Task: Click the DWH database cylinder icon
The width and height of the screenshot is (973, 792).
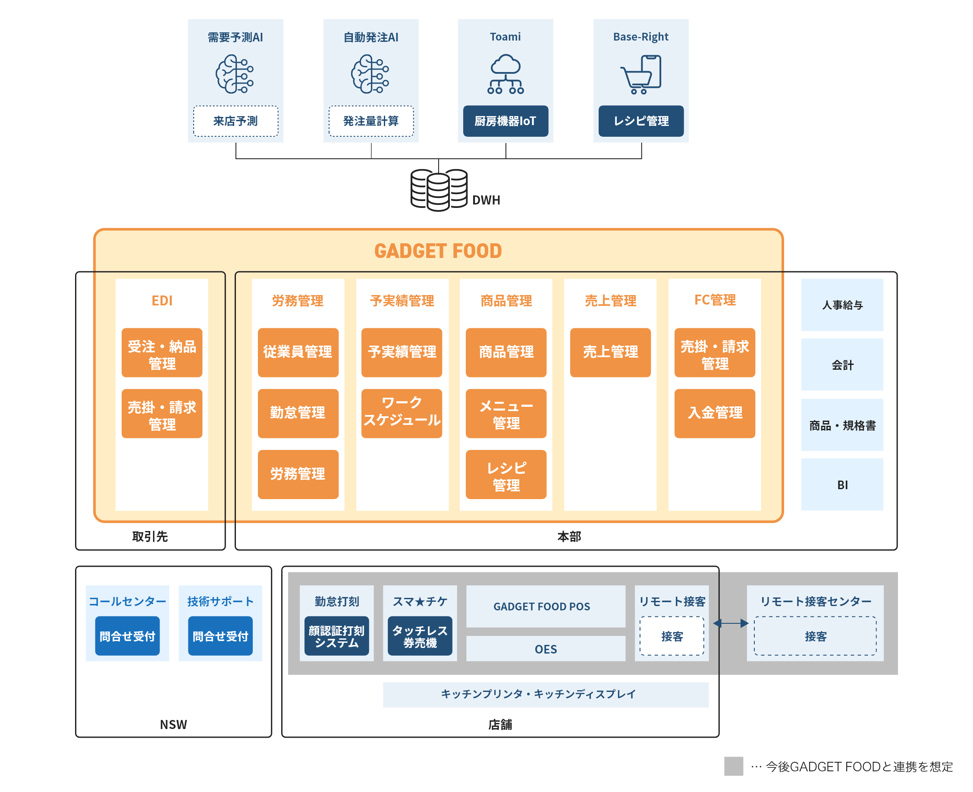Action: (x=438, y=190)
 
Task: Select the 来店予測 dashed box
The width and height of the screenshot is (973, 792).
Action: (x=235, y=121)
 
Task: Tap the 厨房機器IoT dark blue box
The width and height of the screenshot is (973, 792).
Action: (x=505, y=121)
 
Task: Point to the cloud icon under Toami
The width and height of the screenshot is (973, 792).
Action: (x=505, y=74)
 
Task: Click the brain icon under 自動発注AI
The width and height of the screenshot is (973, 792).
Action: (x=370, y=74)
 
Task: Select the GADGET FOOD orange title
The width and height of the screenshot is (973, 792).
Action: (x=437, y=251)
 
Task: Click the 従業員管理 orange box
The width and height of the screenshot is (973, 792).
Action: (x=298, y=352)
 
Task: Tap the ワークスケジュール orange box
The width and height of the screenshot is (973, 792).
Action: (x=402, y=413)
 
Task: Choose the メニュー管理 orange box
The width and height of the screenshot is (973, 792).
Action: (x=505, y=413)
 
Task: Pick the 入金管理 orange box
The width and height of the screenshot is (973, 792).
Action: (x=714, y=413)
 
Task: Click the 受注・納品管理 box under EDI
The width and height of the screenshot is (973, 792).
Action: (x=161, y=352)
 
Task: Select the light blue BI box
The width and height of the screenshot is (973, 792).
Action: (x=841, y=484)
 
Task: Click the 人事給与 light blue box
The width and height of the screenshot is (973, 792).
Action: (x=841, y=304)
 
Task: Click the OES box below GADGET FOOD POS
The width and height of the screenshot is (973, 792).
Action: (x=545, y=648)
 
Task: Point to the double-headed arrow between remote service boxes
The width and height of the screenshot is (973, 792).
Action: (x=730, y=623)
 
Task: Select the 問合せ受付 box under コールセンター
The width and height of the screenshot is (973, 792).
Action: (x=127, y=635)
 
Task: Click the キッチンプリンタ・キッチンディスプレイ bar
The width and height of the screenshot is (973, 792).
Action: (x=545, y=694)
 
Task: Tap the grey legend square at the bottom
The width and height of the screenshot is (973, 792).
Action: (x=733, y=766)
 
